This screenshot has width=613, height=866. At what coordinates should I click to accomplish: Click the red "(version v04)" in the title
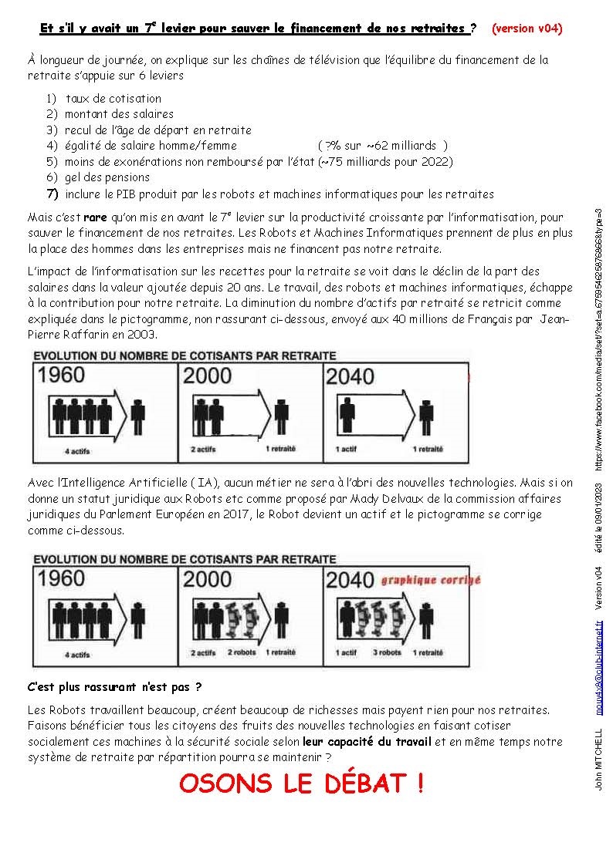(527, 29)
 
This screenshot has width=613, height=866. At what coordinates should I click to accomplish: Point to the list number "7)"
(52, 194)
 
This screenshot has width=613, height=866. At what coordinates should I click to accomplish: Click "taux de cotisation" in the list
(113, 98)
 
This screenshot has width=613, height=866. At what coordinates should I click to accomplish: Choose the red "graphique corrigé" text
(431, 580)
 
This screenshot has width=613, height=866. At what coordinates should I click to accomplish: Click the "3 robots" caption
(387, 652)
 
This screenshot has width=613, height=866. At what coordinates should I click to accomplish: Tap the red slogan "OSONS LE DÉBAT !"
(301, 783)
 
